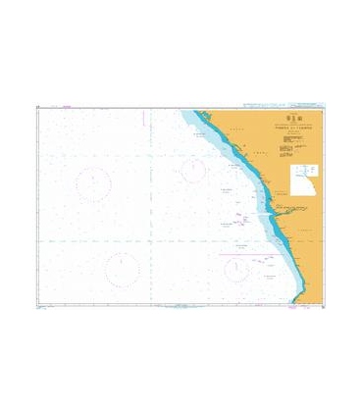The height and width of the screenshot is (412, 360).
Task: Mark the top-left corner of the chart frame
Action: point(36,108)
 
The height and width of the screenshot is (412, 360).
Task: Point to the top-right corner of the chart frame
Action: point(325,108)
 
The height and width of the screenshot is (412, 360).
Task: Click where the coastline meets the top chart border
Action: point(192,109)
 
